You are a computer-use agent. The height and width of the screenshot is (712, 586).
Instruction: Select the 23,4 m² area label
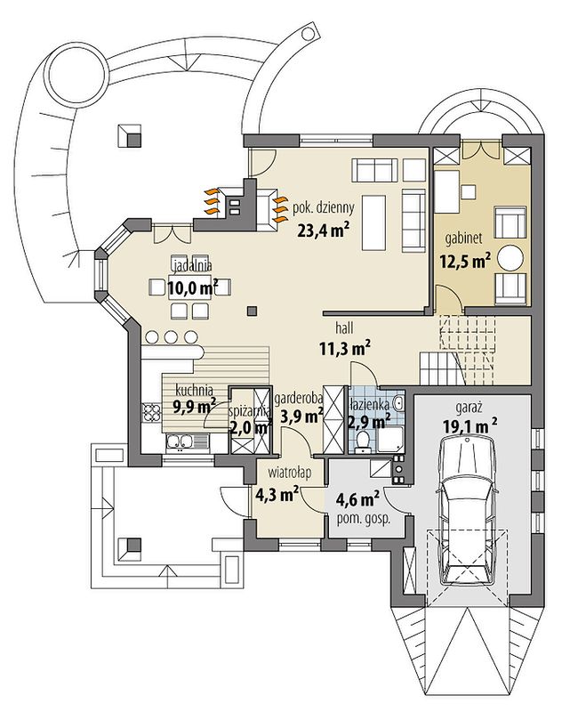(x=323, y=231)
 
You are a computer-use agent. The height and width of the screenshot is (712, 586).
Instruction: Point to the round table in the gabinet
(x=510, y=258)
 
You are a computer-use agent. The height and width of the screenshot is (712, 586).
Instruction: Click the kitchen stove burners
(x=152, y=412)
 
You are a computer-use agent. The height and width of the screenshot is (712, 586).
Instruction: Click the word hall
(x=344, y=328)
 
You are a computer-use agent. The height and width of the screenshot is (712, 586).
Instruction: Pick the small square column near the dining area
(x=253, y=311)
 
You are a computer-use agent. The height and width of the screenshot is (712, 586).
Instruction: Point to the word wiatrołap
(x=289, y=473)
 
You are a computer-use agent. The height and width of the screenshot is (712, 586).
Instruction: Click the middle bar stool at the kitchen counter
(x=171, y=337)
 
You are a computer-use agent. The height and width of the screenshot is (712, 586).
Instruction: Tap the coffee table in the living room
(x=373, y=222)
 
